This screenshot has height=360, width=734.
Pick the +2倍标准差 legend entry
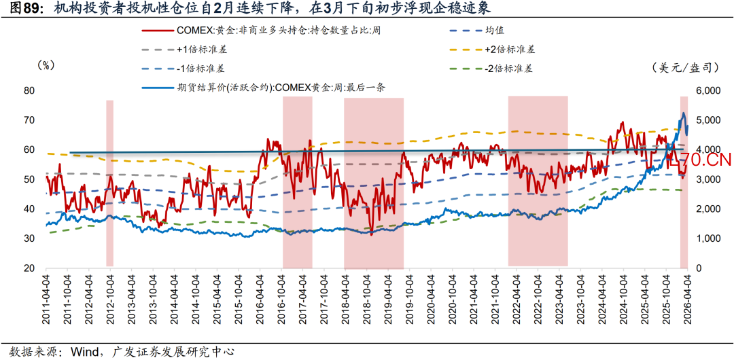tap(509, 50)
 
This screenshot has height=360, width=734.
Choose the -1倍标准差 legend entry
tap(198, 69)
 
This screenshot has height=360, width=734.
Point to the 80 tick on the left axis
tap(29, 90)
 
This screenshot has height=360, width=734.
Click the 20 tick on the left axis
tap(29, 269)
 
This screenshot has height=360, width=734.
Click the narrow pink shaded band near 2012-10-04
tap(109, 183)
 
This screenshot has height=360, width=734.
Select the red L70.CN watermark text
tap(700, 161)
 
